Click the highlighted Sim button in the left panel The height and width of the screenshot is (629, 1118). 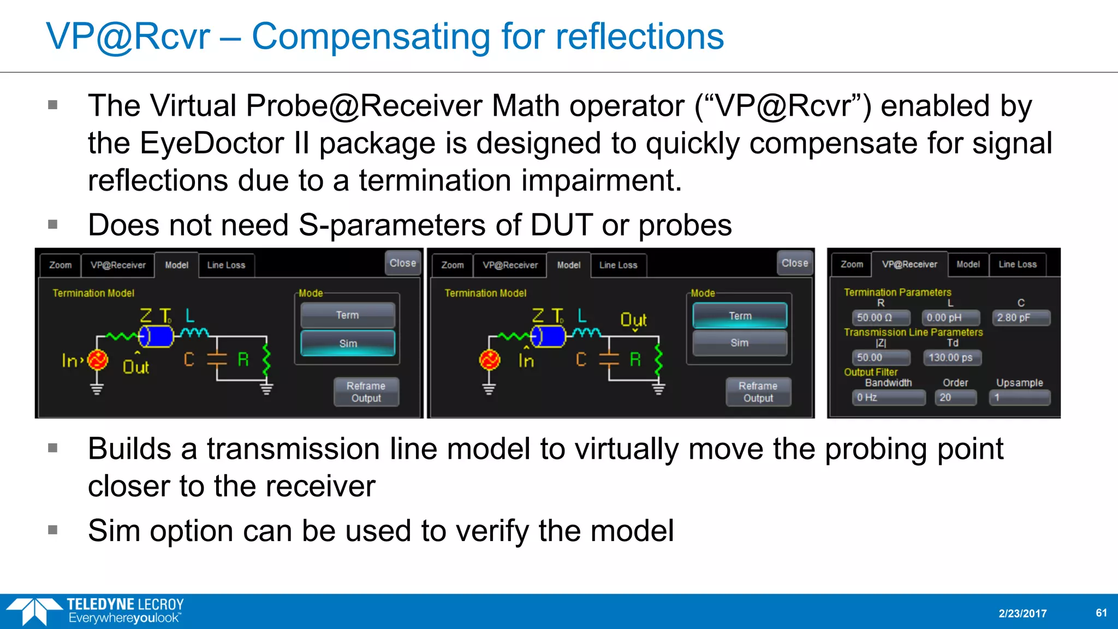(348, 343)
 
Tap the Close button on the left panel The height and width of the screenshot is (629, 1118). (403, 263)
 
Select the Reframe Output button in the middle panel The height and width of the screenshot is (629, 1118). (758, 392)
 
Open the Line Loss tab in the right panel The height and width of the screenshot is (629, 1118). (1017, 264)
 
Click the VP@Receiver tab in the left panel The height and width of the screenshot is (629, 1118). (118, 265)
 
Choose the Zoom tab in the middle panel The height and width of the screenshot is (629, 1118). (452, 265)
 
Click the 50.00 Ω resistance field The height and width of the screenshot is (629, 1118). (881, 318)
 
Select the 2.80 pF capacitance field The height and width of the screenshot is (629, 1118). (1021, 318)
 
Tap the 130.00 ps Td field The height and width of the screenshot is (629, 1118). (952, 358)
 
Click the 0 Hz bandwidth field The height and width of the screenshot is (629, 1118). (888, 397)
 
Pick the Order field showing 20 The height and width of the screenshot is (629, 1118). (955, 397)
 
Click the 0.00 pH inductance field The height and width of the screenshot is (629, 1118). (950, 318)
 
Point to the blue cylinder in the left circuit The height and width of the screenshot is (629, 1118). (157, 336)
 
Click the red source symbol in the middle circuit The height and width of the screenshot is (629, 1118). (490, 360)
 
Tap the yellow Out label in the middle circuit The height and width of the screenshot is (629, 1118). (633, 319)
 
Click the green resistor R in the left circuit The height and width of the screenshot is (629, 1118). (266, 359)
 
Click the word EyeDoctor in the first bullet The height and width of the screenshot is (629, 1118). (211, 144)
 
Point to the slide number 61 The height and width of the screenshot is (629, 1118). (1101, 613)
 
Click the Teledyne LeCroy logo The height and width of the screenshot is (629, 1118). (96, 611)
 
